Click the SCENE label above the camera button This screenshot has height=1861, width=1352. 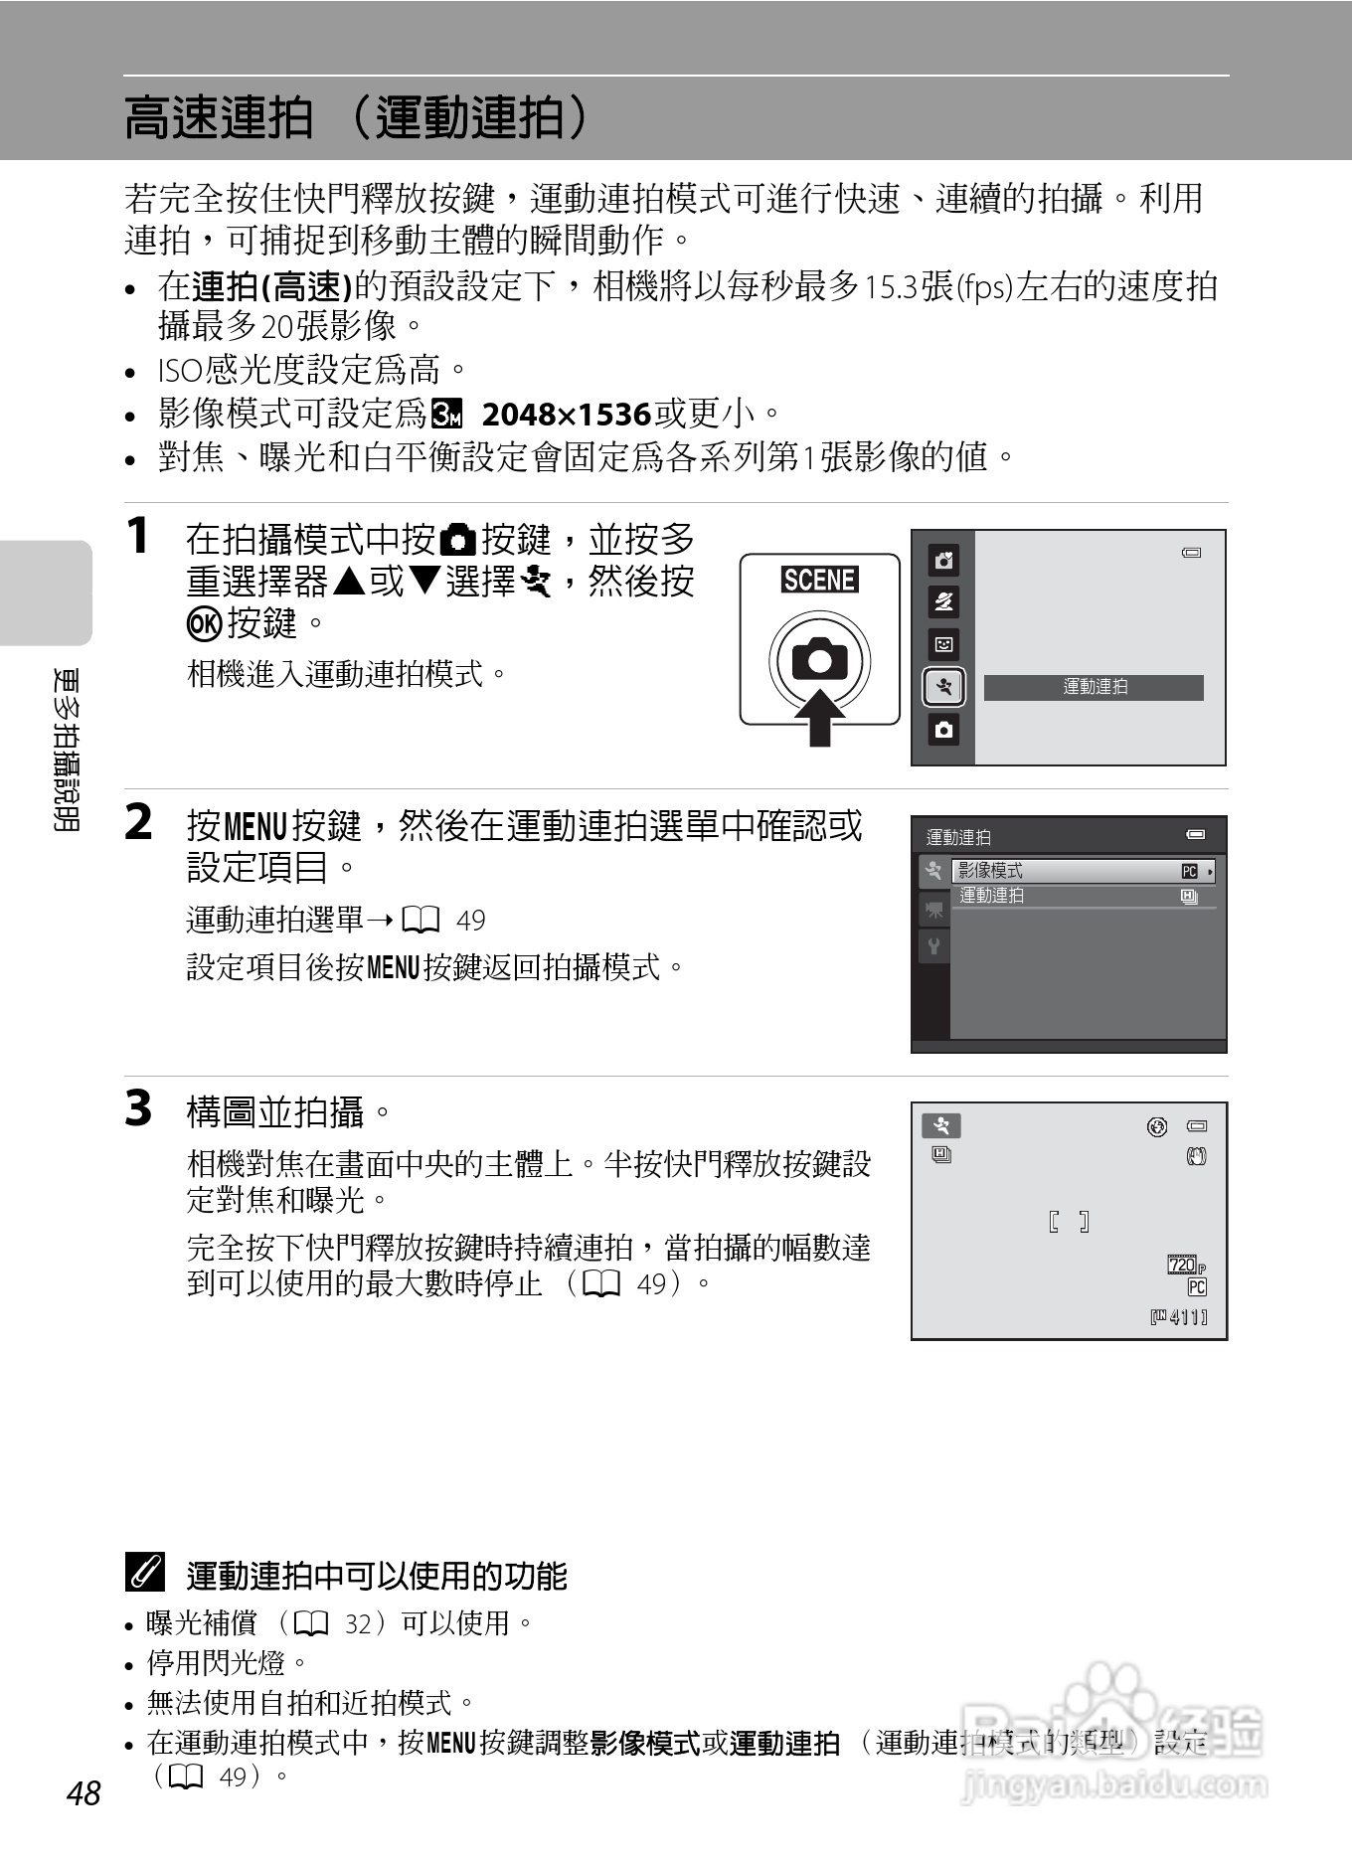click(819, 580)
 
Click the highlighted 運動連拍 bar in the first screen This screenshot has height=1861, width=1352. click(1094, 687)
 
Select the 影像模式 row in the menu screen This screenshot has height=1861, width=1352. click(1083, 871)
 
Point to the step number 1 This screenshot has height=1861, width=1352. click(138, 537)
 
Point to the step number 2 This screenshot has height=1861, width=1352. click(138, 823)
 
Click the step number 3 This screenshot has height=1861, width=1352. click(138, 1108)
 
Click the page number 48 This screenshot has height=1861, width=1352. click(84, 1792)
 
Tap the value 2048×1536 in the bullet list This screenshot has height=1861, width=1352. click(566, 414)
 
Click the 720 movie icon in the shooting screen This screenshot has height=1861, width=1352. click(1183, 1265)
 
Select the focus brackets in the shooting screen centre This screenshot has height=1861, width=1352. click(1069, 1222)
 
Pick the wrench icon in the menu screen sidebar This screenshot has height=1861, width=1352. click(933, 945)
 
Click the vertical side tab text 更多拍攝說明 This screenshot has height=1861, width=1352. click(69, 750)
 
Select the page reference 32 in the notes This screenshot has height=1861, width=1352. click(357, 1623)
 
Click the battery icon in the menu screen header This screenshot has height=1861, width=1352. click(1195, 834)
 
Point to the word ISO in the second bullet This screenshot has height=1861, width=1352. click(180, 371)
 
